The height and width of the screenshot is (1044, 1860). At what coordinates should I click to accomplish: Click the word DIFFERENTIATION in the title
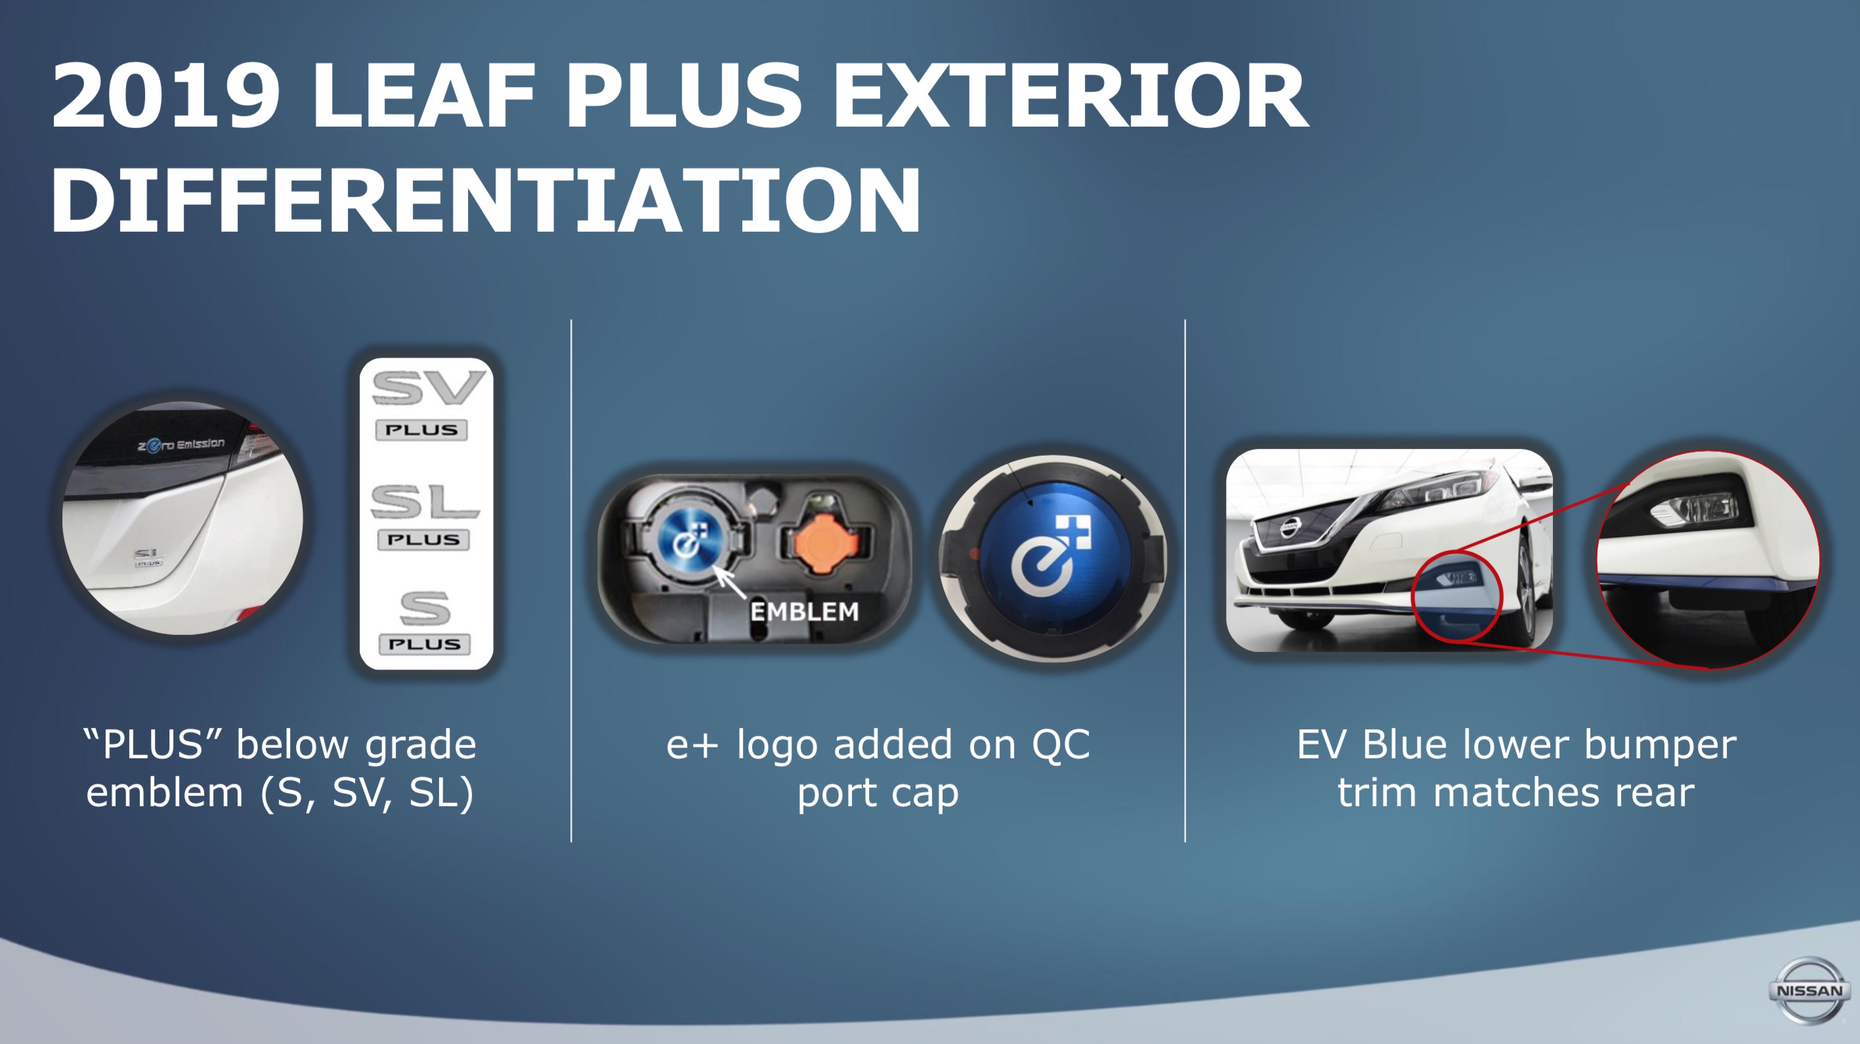(485, 200)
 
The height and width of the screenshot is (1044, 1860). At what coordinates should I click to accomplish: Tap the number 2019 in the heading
(165, 95)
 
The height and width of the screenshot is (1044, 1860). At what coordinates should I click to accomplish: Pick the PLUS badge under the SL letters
(423, 540)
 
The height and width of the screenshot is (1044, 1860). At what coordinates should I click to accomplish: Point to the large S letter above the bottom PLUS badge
(425, 608)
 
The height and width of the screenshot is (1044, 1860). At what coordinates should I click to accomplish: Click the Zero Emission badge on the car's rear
(181, 445)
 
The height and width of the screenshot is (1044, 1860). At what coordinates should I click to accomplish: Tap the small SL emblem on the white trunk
(149, 556)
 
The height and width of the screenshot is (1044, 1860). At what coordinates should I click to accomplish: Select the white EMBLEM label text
(805, 612)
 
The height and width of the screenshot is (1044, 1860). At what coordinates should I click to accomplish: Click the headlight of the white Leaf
(1437, 490)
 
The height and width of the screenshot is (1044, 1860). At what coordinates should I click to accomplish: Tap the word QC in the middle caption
(1061, 745)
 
